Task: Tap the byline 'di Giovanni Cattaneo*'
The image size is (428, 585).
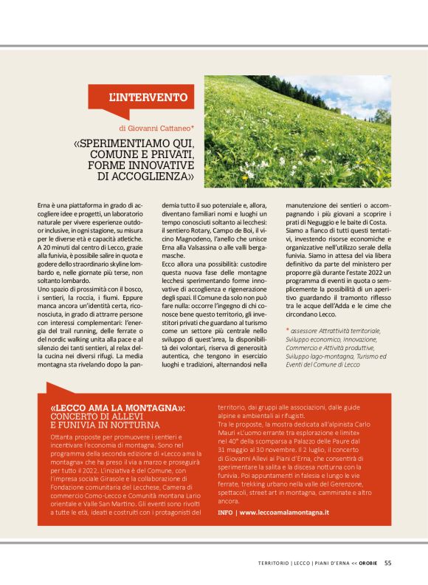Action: click(x=157, y=126)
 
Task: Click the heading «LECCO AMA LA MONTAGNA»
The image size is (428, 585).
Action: click(x=117, y=407)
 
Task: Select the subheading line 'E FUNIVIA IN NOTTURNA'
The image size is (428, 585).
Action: click(x=106, y=425)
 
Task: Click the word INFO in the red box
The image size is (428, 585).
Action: click(x=226, y=512)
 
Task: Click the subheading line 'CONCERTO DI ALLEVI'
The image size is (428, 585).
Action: click(x=96, y=416)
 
